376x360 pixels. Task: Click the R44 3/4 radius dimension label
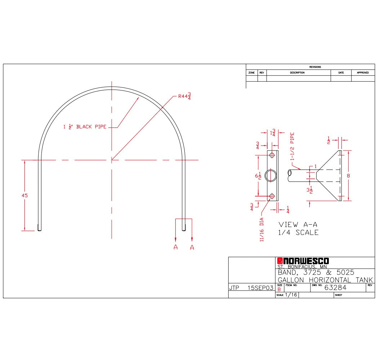click(x=184, y=96)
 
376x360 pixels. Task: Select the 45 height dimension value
click(x=25, y=195)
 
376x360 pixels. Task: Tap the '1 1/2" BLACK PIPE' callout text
click(x=85, y=127)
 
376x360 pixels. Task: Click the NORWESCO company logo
click(x=303, y=261)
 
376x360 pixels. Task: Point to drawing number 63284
click(x=335, y=287)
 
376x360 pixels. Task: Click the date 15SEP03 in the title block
click(x=260, y=288)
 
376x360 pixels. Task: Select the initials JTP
click(x=234, y=288)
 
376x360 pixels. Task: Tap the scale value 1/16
click(x=291, y=294)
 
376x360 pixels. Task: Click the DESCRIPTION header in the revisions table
click(x=297, y=73)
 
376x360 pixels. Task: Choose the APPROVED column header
click(x=363, y=73)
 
